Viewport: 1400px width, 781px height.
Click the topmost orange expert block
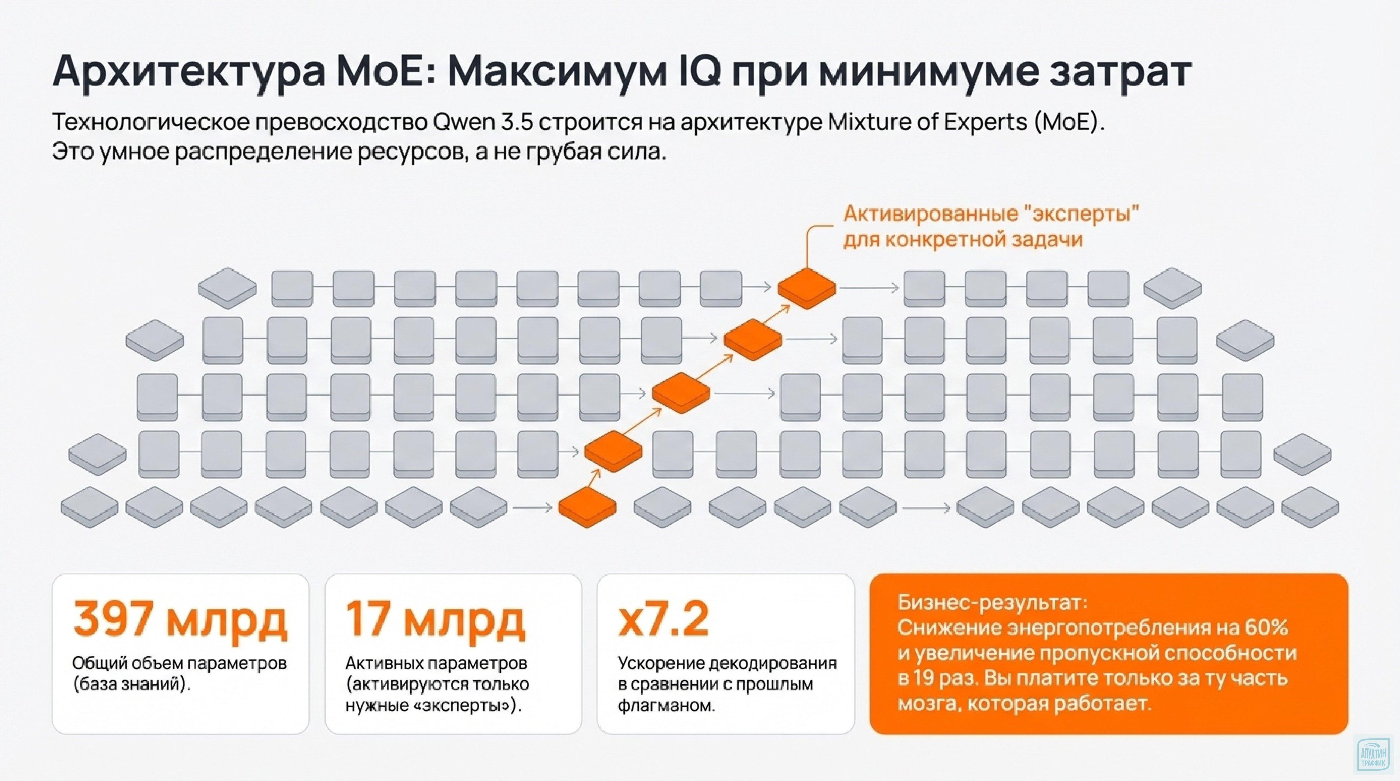click(x=807, y=288)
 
